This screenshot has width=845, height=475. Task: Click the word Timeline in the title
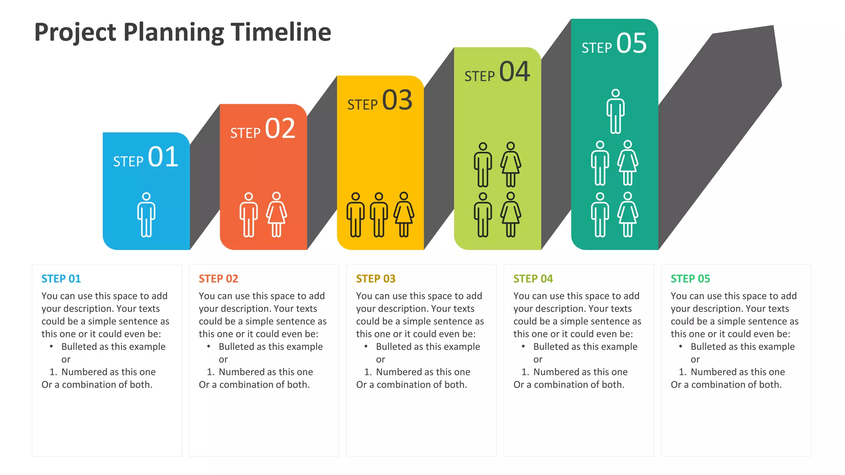[x=281, y=32]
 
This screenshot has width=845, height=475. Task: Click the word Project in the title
[x=75, y=33]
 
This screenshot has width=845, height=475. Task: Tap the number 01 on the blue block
[x=163, y=157]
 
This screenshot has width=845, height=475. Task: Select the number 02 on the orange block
[x=280, y=128]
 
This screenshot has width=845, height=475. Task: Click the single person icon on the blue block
[x=146, y=215]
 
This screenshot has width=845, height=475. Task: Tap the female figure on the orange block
[x=276, y=215]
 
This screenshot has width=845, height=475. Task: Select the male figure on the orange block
[x=248, y=215]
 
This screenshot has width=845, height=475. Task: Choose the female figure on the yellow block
[x=404, y=215]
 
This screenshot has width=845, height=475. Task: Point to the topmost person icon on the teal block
[x=615, y=111]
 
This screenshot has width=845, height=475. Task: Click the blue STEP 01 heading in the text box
[x=61, y=279]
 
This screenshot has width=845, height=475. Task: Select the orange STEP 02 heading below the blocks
[x=218, y=279]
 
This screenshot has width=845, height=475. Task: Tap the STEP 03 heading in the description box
[x=375, y=279]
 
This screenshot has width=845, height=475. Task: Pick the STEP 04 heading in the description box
[x=533, y=279]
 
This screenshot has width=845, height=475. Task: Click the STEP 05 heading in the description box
[x=690, y=279]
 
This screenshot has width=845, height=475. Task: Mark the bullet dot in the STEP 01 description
[x=51, y=346]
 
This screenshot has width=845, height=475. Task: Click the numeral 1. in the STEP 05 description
[x=682, y=372]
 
